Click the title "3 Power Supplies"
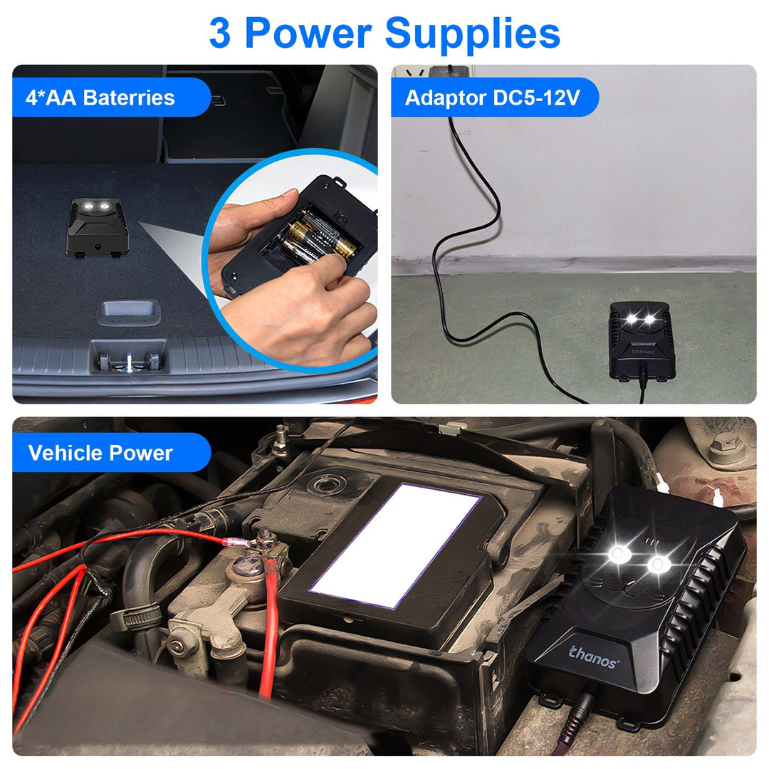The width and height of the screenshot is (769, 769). pyautogui.click(x=384, y=33)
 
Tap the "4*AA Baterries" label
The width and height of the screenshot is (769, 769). pyautogui.click(x=100, y=98)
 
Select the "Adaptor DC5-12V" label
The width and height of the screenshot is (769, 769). pyautogui.click(x=492, y=98)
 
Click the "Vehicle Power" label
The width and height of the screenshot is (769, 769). pyautogui.click(x=100, y=453)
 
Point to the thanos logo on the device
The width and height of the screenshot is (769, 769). pyautogui.click(x=593, y=656)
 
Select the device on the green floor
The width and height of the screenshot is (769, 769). pyautogui.click(x=641, y=340)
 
